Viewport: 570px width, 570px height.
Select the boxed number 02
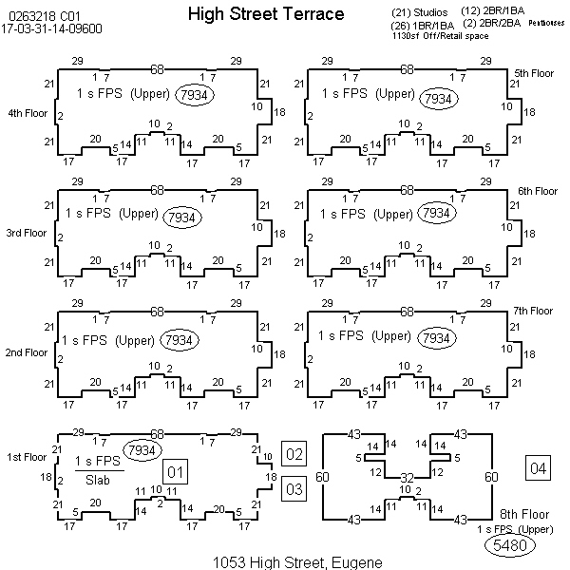(x=294, y=454)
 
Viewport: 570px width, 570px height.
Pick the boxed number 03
(x=294, y=489)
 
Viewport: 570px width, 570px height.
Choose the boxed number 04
(x=539, y=467)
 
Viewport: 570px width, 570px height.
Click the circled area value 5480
(x=509, y=545)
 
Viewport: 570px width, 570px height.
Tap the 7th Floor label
(x=533, y=311)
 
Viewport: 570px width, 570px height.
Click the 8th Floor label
(x=522, y=514)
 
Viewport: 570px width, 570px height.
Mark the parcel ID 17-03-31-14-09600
(x=55, y=28)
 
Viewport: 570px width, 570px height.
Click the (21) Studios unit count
(x=419, y=12)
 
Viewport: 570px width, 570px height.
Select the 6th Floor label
(x=537, y=191)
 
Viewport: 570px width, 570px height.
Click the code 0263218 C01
(x=37, y=15)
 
